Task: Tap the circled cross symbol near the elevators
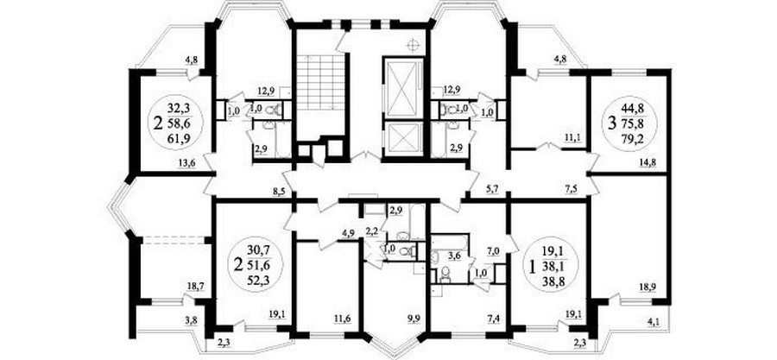tap(413, 46)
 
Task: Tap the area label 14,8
tap(648, 161)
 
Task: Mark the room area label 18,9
tap(648, 287)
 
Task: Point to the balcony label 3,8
tap(192, 321)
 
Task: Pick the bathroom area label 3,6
tap(454, 256)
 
